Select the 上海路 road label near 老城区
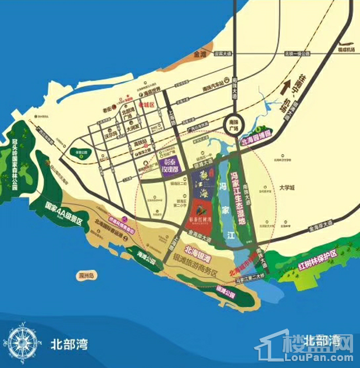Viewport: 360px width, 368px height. pos(171,119)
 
